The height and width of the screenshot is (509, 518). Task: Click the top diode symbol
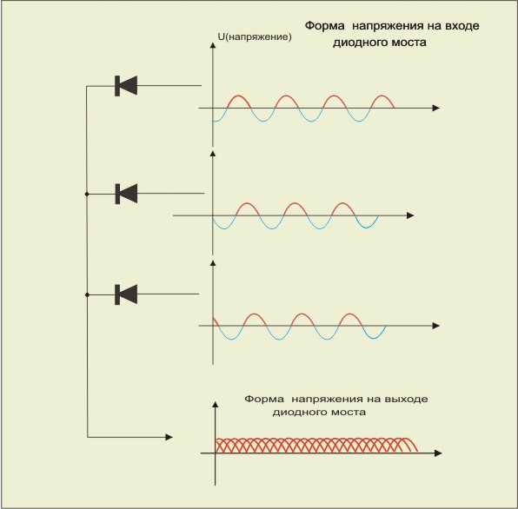tap(126, 86)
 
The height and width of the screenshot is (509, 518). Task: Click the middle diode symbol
tap(126, 194)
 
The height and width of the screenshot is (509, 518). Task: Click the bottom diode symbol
tap(126, 294)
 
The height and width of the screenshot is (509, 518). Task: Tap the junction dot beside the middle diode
tap(87, 194)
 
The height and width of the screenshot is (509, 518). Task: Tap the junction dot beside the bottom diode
tap(87, 294)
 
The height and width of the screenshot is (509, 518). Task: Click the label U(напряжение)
tap(255, 36)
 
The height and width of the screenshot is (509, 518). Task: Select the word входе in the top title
tap(462, 26)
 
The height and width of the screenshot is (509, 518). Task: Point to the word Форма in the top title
tap(324, 26)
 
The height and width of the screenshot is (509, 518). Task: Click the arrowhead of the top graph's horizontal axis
tap(436, 108)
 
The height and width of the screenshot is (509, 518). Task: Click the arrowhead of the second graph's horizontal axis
tap(410, 215)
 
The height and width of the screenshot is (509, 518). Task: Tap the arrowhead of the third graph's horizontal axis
tap(436, 326)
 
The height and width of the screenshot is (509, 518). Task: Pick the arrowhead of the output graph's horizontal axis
tap(438, 453)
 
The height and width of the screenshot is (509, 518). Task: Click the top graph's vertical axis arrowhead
tap(213, 45)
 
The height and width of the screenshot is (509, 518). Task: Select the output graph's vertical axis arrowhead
tap(216, 405)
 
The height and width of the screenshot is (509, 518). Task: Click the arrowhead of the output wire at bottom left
tap(169, 437)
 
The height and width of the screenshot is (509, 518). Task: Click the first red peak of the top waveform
tap(239, 96)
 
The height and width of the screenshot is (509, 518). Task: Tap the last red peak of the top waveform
tap(382, 96)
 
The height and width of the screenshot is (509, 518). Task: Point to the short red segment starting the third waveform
tap(216, 322)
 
